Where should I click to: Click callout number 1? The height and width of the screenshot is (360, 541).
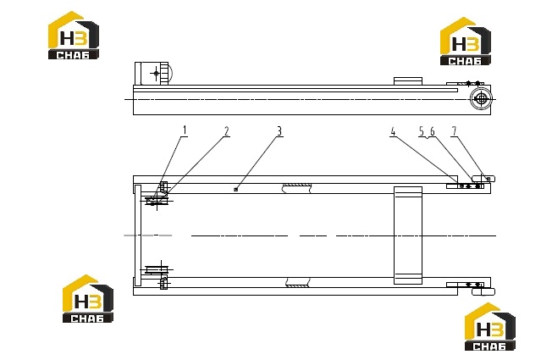click(x=185, y=130)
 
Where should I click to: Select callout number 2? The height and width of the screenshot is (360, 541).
click(x=227, y=131)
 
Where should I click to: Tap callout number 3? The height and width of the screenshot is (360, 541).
click(x=279, y=131)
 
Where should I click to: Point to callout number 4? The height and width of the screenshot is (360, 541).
click(x=393, y=131)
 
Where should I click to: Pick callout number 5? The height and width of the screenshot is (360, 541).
click(x=422, y=131)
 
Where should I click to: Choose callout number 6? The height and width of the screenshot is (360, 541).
click(x=433, y=131)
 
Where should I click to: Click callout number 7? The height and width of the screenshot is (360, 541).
click(x=455, y=131)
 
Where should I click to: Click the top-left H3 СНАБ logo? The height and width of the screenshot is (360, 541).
click(x=74, y=36)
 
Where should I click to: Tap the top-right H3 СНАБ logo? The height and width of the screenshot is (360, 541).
click(x=466, y=41)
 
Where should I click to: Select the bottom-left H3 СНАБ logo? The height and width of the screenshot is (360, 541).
click(x=88, y=299)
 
